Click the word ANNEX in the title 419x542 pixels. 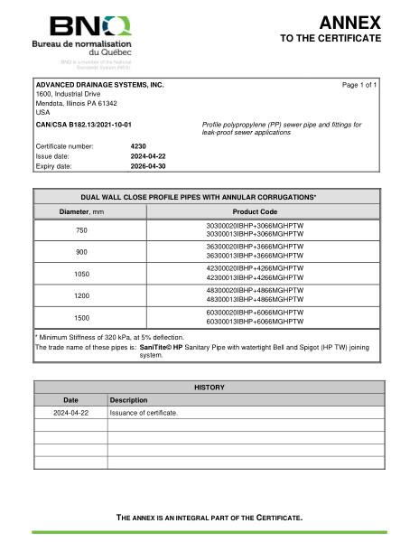350,22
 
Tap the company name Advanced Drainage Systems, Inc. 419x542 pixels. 99,84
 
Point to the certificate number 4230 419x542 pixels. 138,145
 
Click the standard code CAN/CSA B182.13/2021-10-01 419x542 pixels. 83,124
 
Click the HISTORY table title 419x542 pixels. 209,387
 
